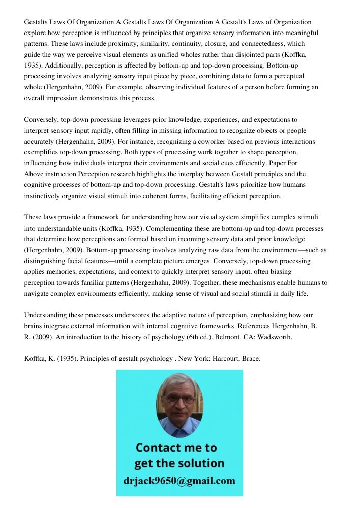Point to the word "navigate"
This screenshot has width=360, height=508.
pyautogui.click(x=37, y=293)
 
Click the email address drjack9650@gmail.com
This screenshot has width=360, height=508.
pyautogui.click(x=179, y=481)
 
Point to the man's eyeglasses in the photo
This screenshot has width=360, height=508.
pyautogui.click(x=180, y=400)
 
